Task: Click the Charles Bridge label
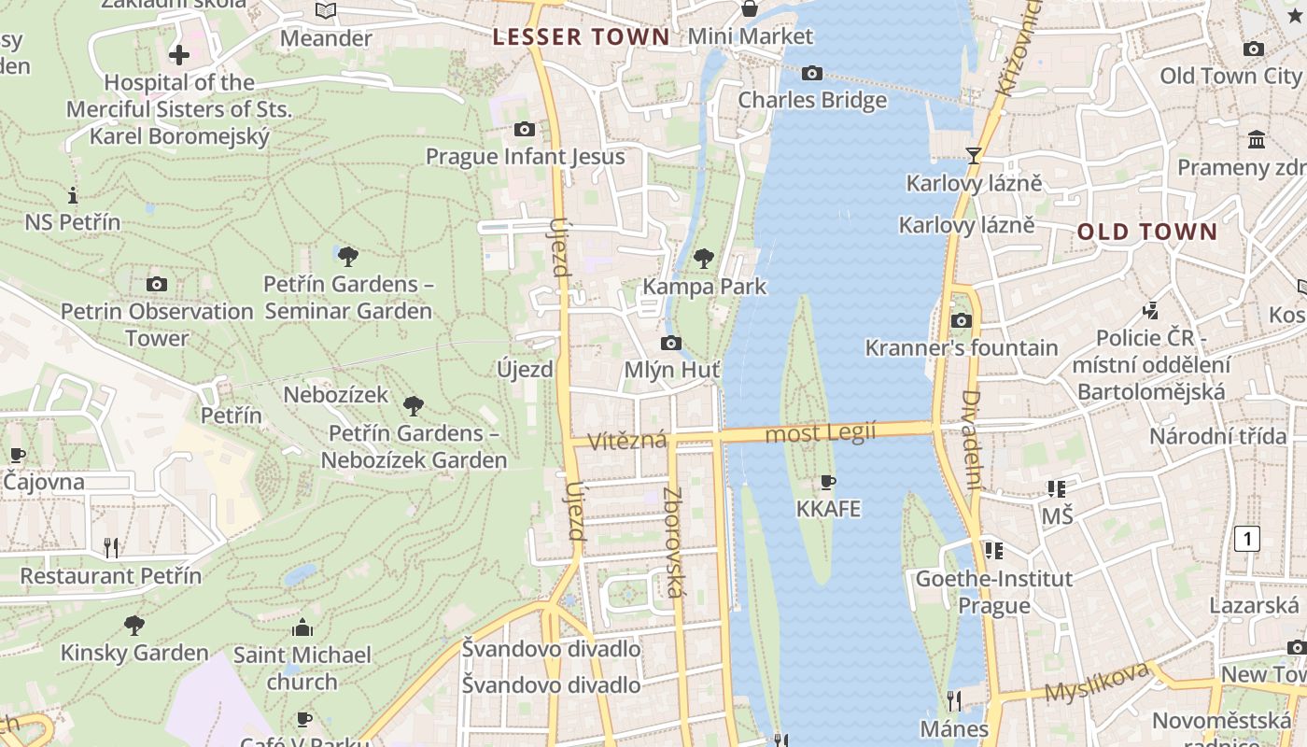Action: click(812, 100)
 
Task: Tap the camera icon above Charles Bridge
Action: click(812, 73)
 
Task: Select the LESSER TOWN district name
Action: click(581, 37)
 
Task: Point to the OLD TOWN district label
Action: click(1147, 232)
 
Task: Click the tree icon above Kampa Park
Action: click(704, 259)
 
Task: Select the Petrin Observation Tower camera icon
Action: click(157, 284)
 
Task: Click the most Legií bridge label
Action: click(820, 432)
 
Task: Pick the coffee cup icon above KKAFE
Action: click(827, 482)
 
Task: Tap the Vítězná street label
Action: click(627, 439)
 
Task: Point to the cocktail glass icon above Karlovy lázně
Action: click(974, 155)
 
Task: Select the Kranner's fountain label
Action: click(962, 348)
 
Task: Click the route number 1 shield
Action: click(1246, 538)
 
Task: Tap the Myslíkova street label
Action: click(1096, 683)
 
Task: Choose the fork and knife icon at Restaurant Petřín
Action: click(111, 548)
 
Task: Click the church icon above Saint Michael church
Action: click(302, 627)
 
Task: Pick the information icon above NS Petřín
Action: click(73, 195)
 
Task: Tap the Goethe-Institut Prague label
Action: click(993, 592)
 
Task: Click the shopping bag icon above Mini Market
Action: click(749, 9)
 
